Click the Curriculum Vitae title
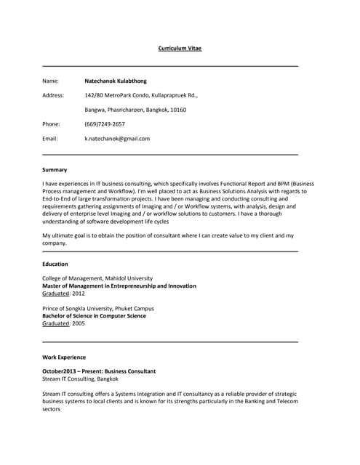180,49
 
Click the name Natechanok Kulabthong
115,81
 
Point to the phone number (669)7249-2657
105,124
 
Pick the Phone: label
51,124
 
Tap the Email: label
49,138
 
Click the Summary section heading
55,169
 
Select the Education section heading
55,264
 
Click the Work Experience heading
64,357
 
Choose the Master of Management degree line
119,286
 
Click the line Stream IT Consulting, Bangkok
80,379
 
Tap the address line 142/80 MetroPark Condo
141,95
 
